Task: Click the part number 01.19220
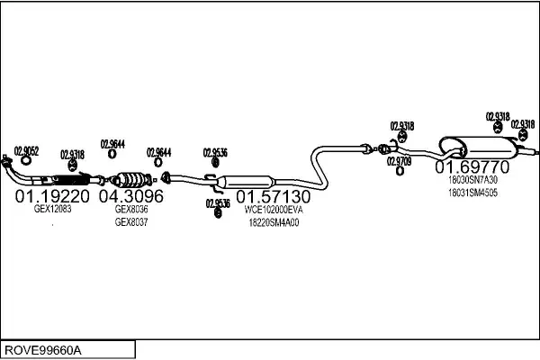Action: [x=52, y=195]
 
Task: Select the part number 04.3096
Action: [x=130, y=195]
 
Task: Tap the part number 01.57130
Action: [x=274, y=195]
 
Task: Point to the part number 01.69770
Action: [x=472, y=167]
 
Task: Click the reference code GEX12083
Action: [x=52, y=209]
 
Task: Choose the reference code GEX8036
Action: [x=130, y=209]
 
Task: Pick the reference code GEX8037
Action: [x=130, y=221]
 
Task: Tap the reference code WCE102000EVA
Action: [x=274, y=209]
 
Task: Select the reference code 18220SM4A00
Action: [x=274, y=221]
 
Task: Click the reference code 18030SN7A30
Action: [x=472, y=180]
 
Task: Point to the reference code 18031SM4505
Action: [x=472, y=193]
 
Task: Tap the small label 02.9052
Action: [x=27, y=151]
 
